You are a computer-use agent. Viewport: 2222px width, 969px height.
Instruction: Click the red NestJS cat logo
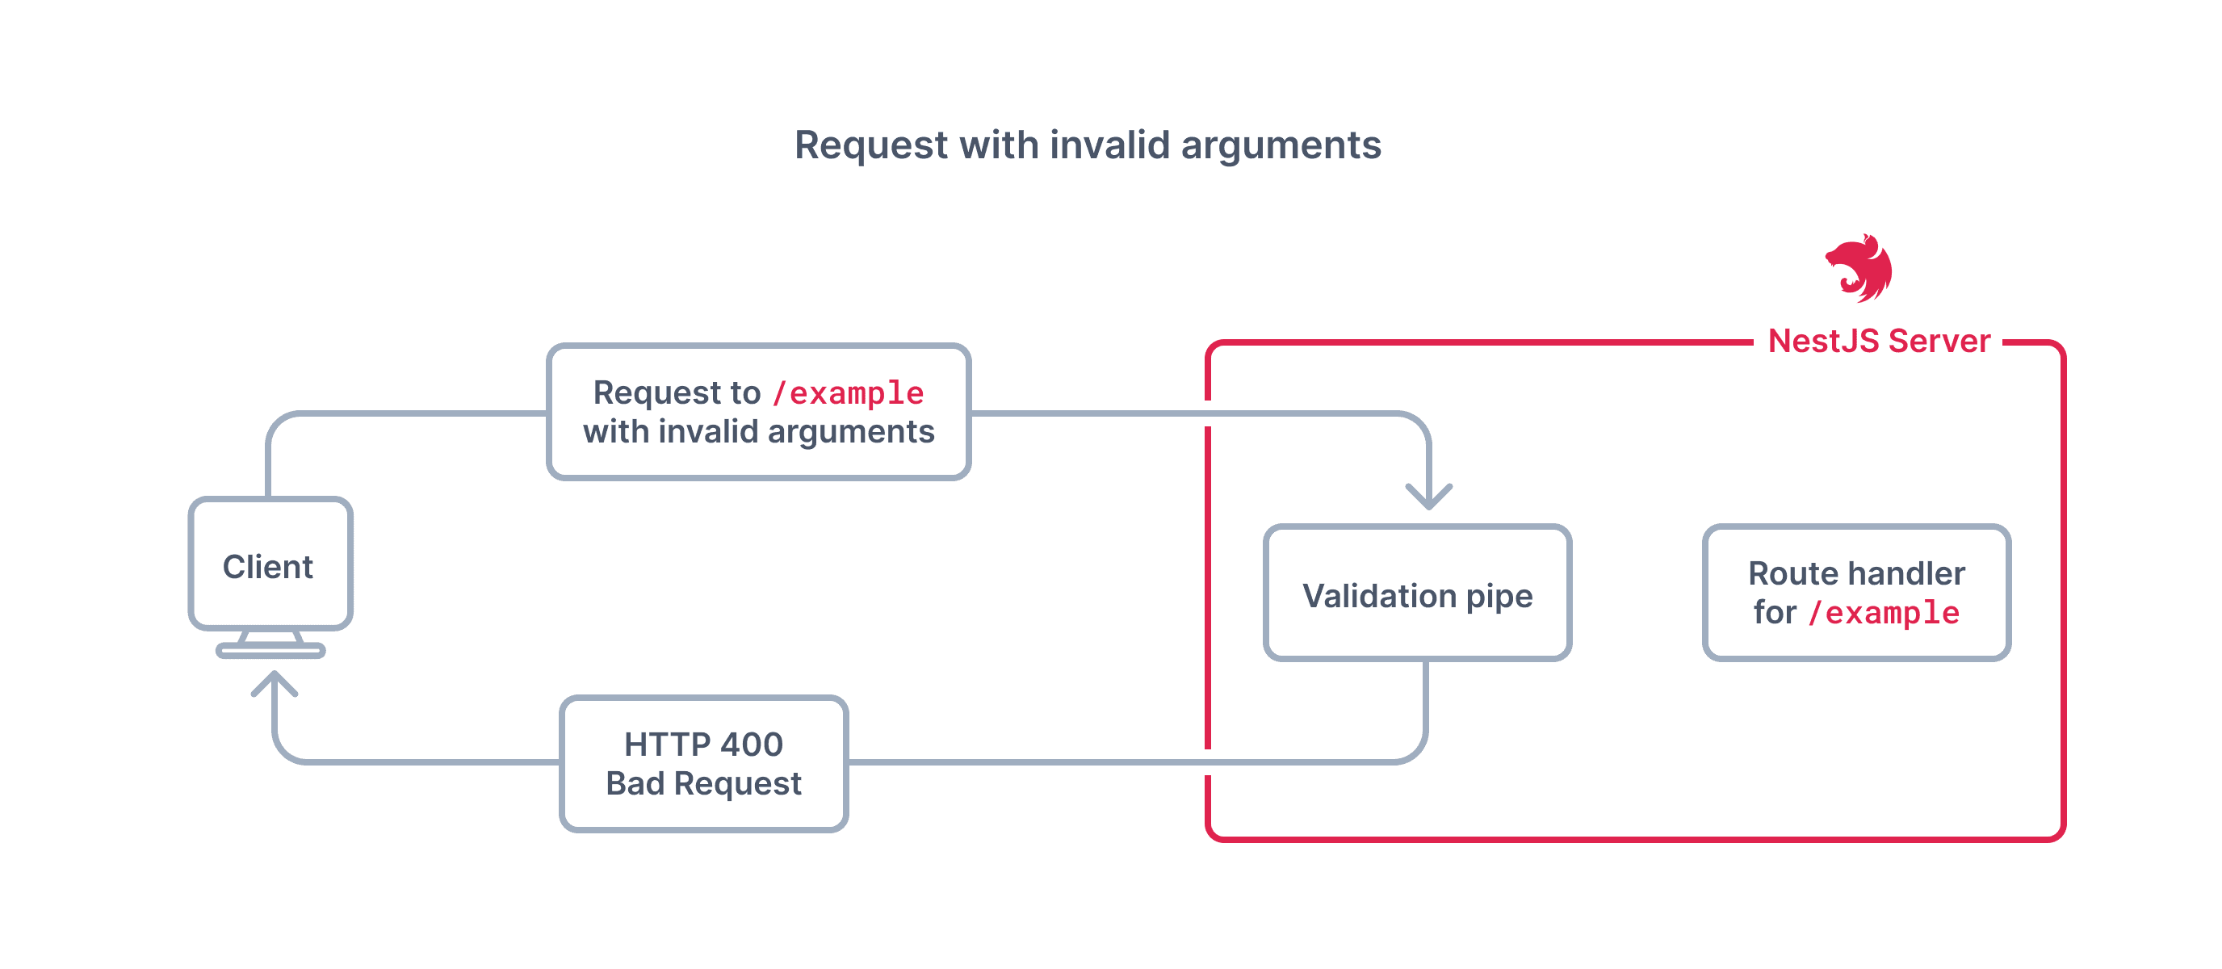click(1859, 267)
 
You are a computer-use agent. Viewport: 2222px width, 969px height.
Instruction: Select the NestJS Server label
click(1879, 342)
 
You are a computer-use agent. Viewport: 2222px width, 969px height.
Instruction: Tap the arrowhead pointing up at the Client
click(275, 683)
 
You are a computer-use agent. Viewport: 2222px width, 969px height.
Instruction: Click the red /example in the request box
click(848, 393)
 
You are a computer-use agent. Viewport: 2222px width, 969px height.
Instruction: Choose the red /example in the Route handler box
click(1884, 614)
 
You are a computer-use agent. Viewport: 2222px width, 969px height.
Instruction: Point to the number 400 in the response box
click(752, 745)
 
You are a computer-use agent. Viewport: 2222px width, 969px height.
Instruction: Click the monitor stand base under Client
click(270, 651)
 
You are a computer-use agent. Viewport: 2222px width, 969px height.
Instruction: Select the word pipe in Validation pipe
click(1499, 597)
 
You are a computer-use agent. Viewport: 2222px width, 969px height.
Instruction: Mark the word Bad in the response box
click(635, 783)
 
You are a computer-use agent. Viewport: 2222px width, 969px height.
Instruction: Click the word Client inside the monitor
click(267, 567)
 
